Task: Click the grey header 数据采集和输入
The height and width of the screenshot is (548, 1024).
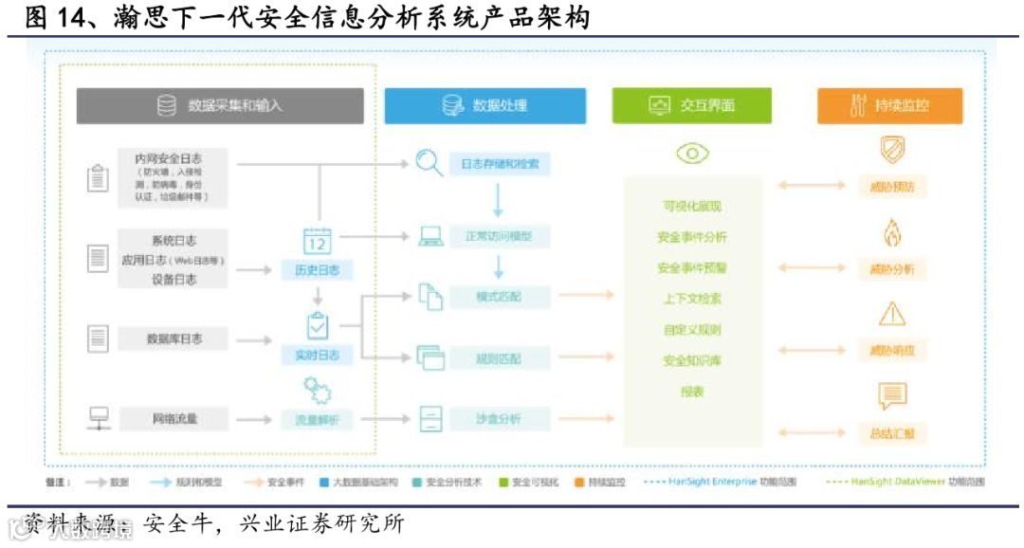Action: (220, 106)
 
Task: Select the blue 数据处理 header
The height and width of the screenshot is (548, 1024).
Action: (485, 106)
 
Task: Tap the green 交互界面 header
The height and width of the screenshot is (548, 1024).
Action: (691, 106)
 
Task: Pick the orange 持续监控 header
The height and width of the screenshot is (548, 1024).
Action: (889, 106)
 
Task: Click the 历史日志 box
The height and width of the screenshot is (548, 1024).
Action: (317, 270)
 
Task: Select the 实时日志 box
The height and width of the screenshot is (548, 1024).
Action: (317, 356)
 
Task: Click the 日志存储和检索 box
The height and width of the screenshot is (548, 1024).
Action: (499, 164)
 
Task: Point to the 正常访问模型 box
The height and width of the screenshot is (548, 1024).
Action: (499, 236)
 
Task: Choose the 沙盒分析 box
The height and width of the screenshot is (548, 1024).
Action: (499, 418)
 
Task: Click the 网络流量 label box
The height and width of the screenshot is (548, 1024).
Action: (174, 418)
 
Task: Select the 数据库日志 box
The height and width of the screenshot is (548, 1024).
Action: (174, 338)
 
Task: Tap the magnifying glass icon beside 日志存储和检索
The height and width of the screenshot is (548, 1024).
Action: (430, 164)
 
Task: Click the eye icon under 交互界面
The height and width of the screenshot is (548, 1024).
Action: (692, 154)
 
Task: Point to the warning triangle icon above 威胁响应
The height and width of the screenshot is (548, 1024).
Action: (891, 314)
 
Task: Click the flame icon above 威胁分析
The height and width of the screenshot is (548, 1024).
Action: (891, 233)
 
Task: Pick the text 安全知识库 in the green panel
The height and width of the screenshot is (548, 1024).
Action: (692, 360)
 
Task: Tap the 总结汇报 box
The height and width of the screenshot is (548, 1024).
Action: (891, 433)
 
